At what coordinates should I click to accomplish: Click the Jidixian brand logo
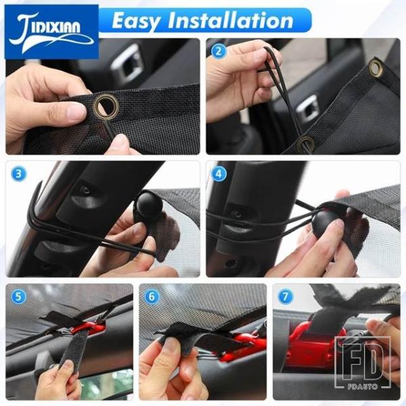coord(51,32)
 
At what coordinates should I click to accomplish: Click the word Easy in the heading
coord(137,21)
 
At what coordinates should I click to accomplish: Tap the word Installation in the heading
coord(231,20)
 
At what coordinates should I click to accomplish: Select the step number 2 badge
coord(219,51)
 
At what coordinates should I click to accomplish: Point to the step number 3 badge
coord(19,174)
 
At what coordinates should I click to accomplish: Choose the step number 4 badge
coord(219,174)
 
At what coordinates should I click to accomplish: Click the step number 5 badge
coord(18,296)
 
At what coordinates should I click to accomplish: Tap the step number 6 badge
coord(152,296)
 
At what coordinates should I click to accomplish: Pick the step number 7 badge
coord(285,296)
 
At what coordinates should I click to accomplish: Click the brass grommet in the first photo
coord(106,106)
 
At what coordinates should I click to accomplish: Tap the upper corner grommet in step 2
coord(376,68)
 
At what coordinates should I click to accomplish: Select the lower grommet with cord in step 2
coord(306,143)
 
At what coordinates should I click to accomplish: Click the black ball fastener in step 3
coord(148,205)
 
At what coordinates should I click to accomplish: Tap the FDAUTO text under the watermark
coord(363,386)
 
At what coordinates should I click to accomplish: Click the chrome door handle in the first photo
coord(127,64)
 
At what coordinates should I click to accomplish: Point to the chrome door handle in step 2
coord(307,109)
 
